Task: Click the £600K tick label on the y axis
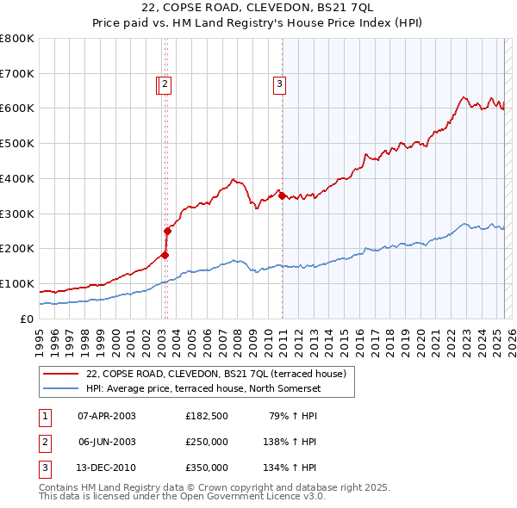[x=17, y=108]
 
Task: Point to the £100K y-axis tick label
[x=17, y=283]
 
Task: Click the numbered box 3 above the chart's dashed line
[x=280, y=84]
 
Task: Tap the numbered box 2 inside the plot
[x=165, y=84]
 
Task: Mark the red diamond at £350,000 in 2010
[x=282, y=196]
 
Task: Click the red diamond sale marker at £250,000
[x=168, y=231]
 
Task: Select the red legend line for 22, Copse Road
[x=61, y=374]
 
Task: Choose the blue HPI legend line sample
[x=61, y=388]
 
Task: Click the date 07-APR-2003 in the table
[x=107, y=416]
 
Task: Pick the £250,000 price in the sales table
[x=207, y=442]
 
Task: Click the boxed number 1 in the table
[x=44, y=416]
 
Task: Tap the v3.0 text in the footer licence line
[x=312, y=497]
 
